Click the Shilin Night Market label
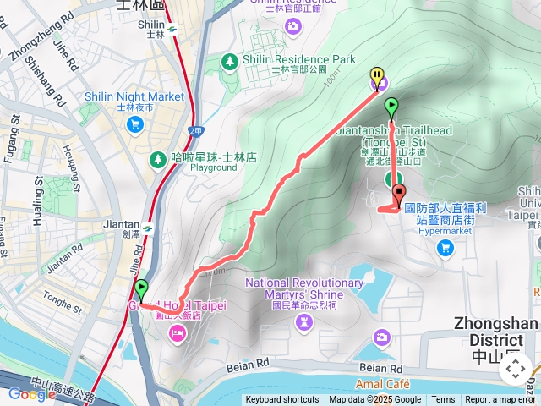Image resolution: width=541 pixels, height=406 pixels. (x=134, y=96)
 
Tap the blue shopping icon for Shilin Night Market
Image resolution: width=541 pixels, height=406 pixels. (x=134, y=124)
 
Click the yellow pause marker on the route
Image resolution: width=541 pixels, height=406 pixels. (x=376, y=77)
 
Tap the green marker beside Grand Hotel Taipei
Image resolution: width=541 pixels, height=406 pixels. (x=140, y=288)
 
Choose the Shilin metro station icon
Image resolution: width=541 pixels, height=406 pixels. (x=172, y=28)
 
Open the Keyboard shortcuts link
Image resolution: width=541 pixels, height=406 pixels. (x=282, y=400)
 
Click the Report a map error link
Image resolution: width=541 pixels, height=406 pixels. (x=501, y=400)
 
